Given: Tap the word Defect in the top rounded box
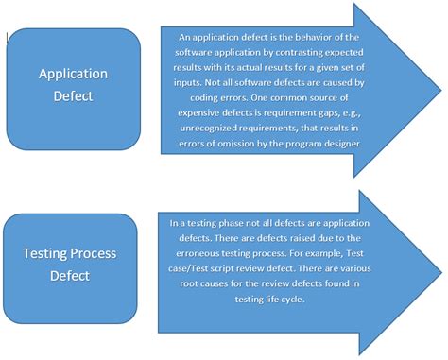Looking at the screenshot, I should (72, 95).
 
